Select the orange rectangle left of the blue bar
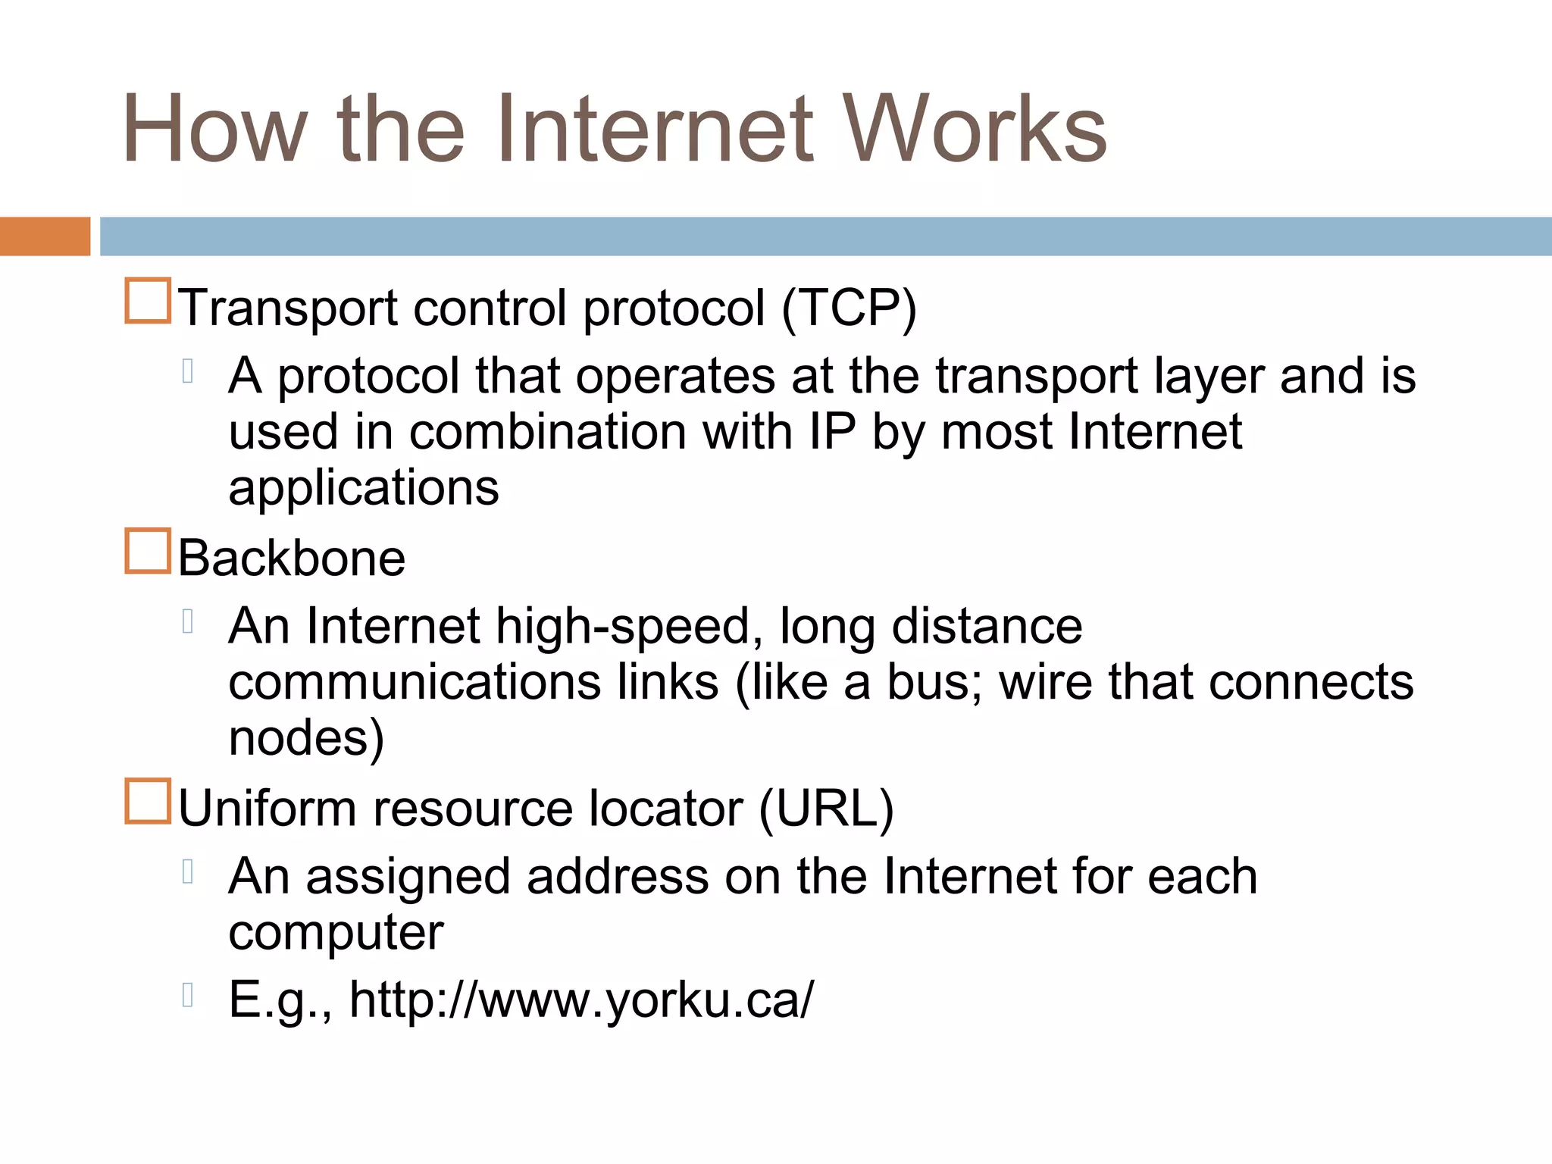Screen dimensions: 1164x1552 45,236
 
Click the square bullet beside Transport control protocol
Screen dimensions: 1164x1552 147,301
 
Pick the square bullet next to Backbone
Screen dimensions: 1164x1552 147,551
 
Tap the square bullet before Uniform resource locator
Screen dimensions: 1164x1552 147,801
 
